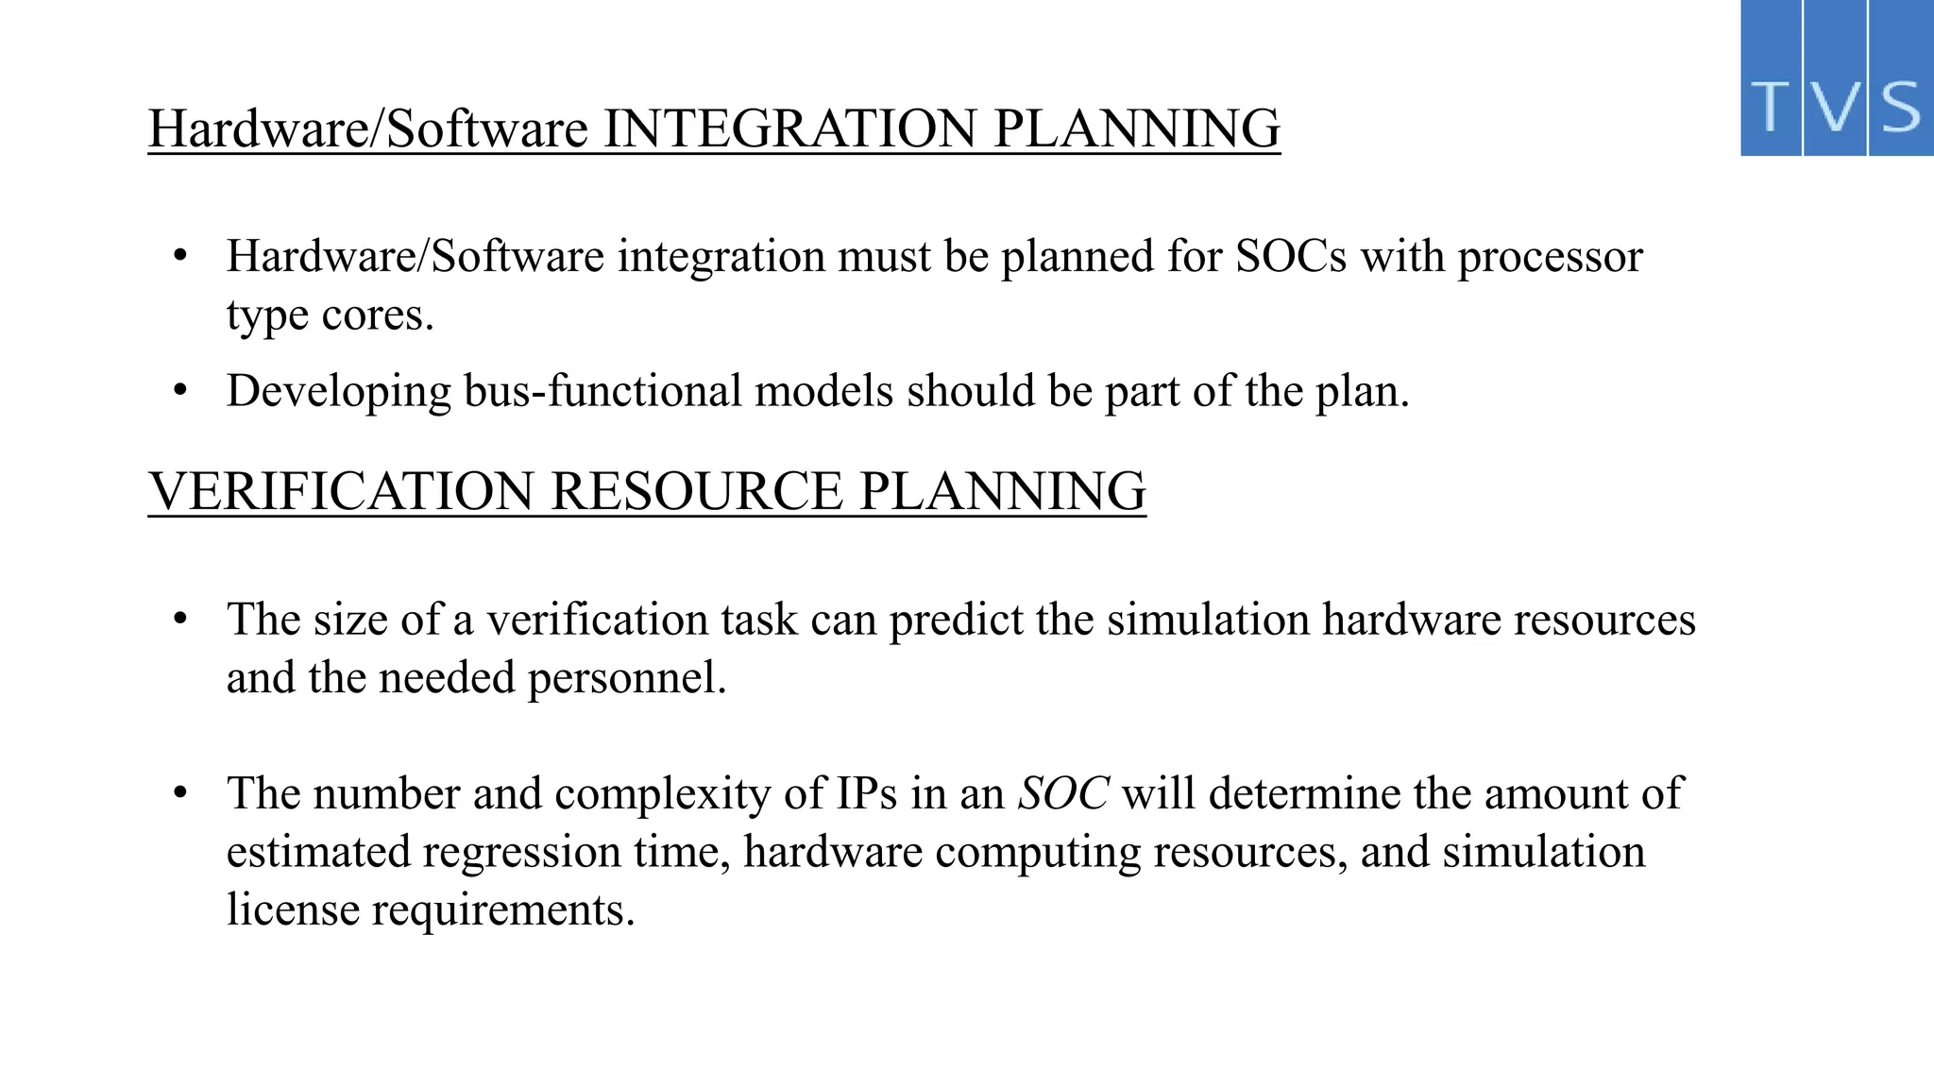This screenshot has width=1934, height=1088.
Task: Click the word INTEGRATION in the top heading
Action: (x=789, y=128)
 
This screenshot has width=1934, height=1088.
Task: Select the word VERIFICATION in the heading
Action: (x=342, y=492)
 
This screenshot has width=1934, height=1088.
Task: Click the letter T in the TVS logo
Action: (x=1772, y=107)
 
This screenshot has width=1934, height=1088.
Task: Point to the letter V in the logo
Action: (x=1835, y=107)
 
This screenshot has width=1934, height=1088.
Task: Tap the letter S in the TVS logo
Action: (x=1900, y=107)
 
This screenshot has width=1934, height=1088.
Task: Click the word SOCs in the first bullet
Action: (x=1291, y=257)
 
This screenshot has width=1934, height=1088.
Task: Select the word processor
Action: (x=1550, y=257)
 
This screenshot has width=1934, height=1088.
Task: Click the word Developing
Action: (x=339, y=391)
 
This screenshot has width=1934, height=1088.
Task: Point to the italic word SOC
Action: (x=1062, y=793)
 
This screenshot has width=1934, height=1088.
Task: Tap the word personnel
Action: (x=626, y=678)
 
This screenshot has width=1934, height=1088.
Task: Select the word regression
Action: (x=520, y=852)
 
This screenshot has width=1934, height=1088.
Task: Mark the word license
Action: (x=293, y=910)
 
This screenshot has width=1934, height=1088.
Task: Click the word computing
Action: (x=1038, y=852)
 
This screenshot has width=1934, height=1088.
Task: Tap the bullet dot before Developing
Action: (x=181, y=390)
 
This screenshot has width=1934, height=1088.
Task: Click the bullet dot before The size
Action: (x=181, y=620)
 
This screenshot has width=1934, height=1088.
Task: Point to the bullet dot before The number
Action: (x=181, y=793)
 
